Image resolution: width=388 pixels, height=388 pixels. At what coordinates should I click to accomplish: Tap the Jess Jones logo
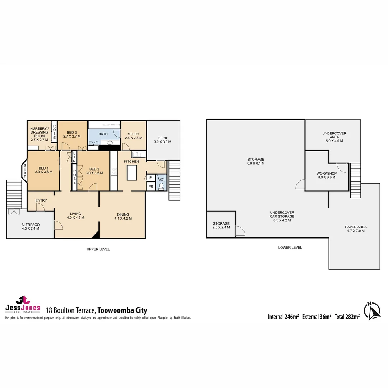point(22,305)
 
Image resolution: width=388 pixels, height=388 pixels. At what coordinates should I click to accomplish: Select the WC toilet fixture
point(161,186)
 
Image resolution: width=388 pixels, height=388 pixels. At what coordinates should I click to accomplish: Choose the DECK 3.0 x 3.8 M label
point(163,140)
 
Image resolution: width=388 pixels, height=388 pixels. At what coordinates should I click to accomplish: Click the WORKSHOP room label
point(327,175)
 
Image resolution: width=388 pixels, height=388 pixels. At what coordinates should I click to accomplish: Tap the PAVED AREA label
point(356,229)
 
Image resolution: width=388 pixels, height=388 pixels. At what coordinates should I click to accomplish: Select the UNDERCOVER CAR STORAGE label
point(282,216)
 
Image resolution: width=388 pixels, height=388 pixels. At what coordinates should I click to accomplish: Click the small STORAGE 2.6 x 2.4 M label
point(221,226)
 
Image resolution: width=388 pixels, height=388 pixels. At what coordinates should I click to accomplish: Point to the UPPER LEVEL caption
point(98,249)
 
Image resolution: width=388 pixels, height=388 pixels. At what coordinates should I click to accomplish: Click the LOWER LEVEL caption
point(290,248)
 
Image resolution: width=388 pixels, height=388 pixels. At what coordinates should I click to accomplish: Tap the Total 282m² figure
point(347,317)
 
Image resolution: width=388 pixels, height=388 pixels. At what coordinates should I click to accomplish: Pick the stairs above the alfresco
point(14,193)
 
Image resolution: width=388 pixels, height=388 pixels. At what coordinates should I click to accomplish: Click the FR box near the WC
point(151,187)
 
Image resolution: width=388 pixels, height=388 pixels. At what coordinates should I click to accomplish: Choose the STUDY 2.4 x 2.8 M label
point(134,136)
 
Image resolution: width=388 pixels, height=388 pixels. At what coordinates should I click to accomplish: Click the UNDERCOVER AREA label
point(334,137)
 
